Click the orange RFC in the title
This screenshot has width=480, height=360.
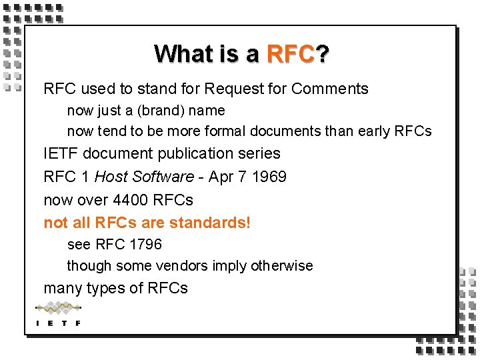click(289, 54)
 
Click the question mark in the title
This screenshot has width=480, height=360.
click(322, 54)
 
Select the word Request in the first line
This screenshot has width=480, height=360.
click(232, 89)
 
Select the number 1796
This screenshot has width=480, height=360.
click(146, 245)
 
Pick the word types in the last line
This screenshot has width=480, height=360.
click(106, 289)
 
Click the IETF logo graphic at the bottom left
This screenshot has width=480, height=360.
click(58, 314)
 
